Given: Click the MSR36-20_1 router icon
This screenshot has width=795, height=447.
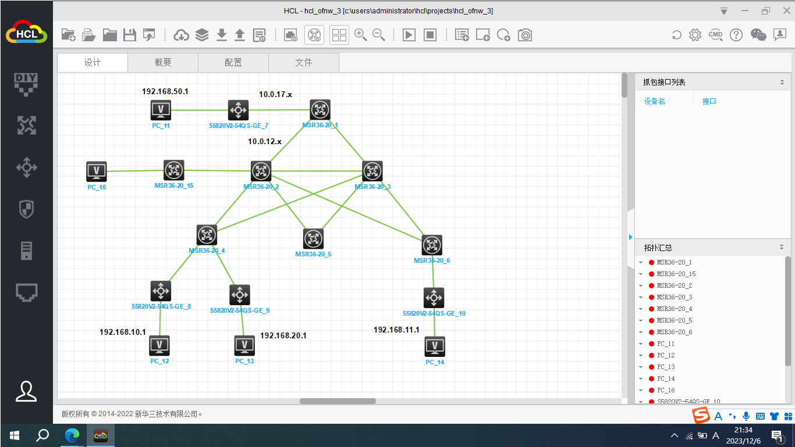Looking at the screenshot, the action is (320, 109).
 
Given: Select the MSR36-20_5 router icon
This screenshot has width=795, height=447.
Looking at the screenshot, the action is (313, 238).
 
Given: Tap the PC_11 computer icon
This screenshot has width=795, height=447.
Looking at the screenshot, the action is (161, 110).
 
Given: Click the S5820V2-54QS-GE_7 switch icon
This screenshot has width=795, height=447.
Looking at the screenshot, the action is (238, 110).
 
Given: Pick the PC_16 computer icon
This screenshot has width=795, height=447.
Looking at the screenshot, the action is (97, 171).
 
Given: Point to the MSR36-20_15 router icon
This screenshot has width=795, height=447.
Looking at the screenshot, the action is (173, 170).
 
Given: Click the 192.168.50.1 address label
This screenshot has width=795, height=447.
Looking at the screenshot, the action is (165, 91).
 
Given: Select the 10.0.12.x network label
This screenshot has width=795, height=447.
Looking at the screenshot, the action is (264, 141).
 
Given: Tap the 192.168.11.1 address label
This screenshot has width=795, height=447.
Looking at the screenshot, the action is (396, 330).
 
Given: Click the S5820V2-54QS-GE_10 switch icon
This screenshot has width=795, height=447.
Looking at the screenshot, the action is (434, 298).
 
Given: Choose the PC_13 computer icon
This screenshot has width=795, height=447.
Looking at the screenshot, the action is (244, 346).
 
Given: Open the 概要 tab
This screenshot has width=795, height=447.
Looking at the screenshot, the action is (163, 63).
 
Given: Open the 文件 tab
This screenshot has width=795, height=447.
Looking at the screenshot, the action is (304, 63).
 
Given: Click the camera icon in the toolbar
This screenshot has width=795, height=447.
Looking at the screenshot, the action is (525, 35).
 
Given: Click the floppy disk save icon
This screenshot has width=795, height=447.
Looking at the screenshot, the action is (130, 35).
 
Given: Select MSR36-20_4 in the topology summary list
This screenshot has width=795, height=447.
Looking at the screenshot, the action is (674, 309).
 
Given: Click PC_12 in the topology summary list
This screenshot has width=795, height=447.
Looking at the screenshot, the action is (666, 355).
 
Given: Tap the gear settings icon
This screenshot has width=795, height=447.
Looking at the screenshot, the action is (695, 35).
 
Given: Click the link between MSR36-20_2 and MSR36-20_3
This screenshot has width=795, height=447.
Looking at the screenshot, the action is (317, 171).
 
